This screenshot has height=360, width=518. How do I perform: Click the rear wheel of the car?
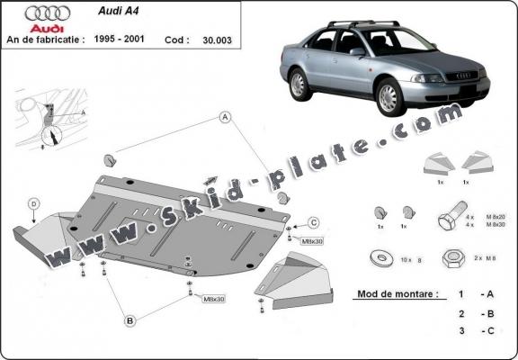coord(298,83)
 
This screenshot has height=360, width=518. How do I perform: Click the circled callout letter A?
coord(223,117)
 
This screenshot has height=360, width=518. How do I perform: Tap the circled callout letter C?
coord(314,222)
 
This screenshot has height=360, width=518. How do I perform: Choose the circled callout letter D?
coord(34,204)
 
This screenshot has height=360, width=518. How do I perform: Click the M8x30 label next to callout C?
coord(312,242)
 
